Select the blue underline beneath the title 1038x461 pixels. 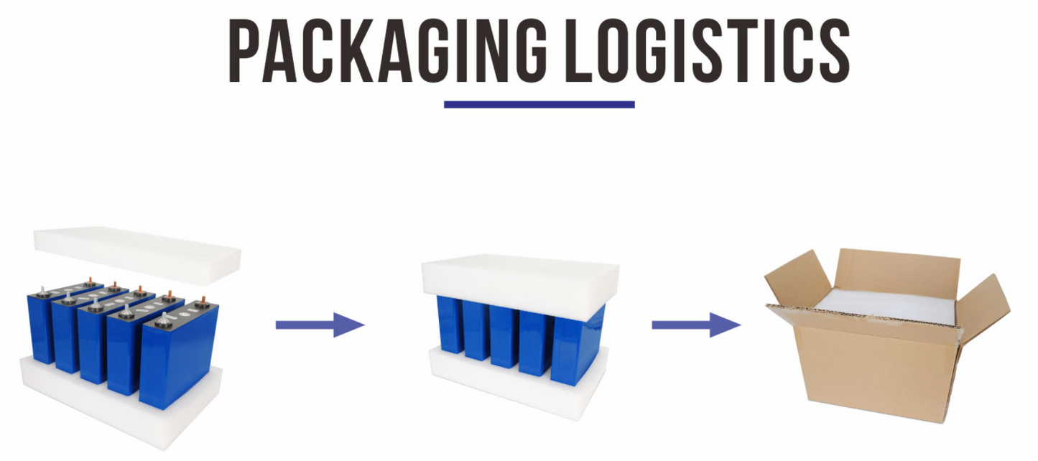[x=539, y=104]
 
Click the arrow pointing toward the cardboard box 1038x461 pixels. [x=695, y=325]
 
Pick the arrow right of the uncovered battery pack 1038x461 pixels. [x=320, y=325]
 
